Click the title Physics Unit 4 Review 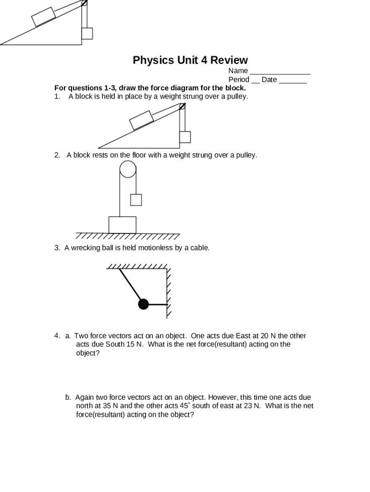(x=190, y=60)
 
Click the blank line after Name (x=280, y=71)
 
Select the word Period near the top (x=239, y=79)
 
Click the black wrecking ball (x=143, y=304)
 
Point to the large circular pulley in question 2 (x=128, y=169)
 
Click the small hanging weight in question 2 (x=136, y=199)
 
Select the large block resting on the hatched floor (x=122, y=225)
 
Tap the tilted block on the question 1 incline (x=141, y=120)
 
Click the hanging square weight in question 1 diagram (x=185, y=137)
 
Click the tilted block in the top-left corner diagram (x=44, y=17)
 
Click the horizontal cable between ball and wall (x=158, y=304)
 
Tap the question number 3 (x=57, y=248)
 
